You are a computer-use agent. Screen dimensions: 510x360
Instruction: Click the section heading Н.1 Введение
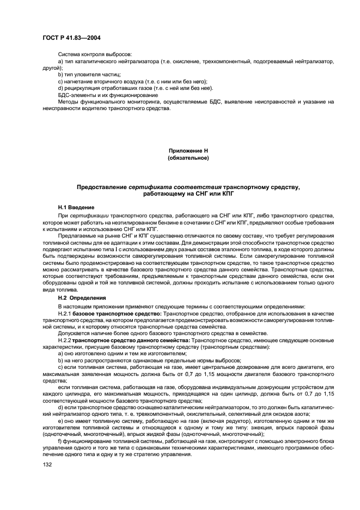pos(76,208)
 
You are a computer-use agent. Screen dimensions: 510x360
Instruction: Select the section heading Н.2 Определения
pos(80,298)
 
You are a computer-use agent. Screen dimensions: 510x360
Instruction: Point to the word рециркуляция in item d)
pos(83,88)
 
